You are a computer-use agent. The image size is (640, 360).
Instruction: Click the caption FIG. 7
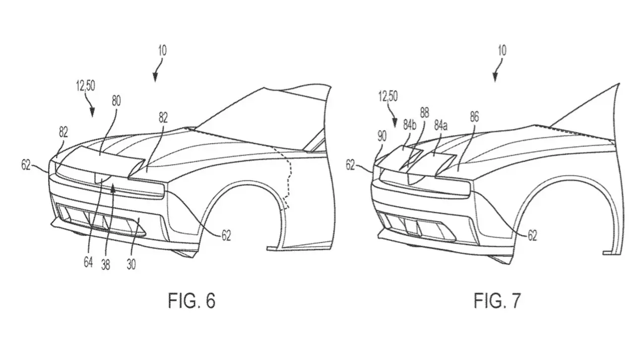pos(497,301)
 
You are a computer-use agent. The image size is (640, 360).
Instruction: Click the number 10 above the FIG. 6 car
pos(162,51)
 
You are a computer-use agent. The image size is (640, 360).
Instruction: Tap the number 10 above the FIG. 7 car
pos(502,51)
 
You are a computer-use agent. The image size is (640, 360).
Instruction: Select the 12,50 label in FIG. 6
pos(85,85)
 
